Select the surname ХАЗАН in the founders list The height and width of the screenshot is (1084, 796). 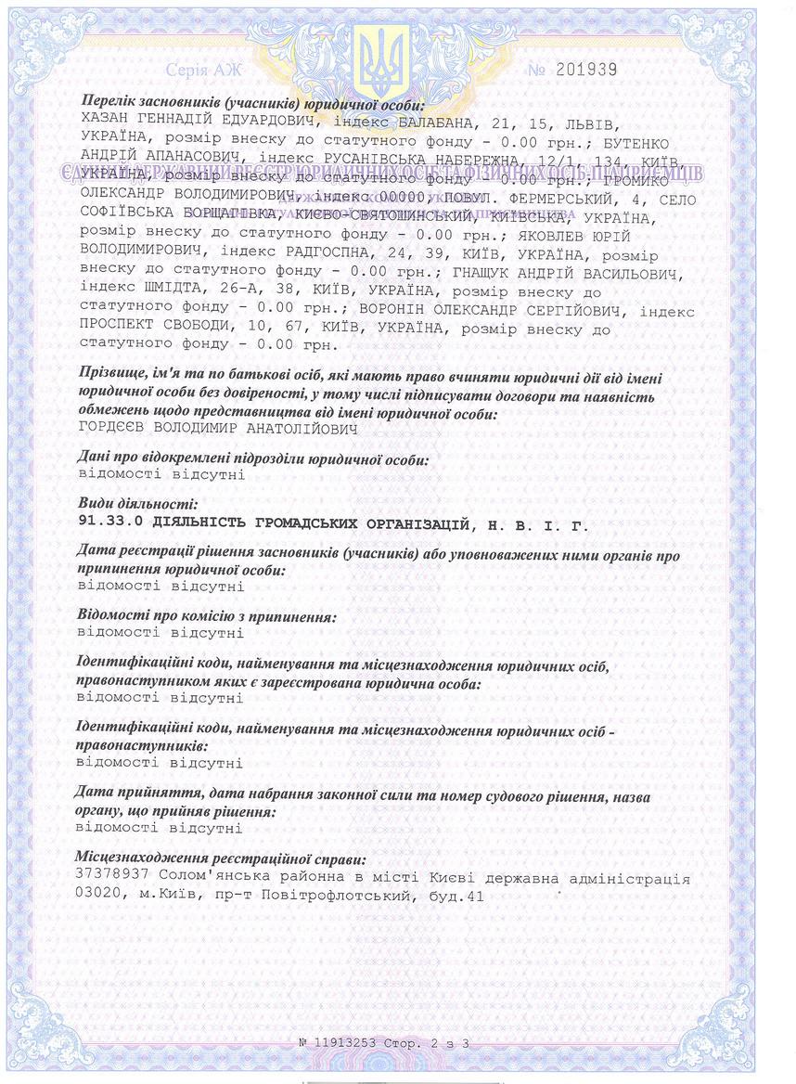coord(109,123)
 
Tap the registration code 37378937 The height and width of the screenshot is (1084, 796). coord(110,877)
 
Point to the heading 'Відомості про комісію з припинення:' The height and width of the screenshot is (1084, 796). coord(206,616)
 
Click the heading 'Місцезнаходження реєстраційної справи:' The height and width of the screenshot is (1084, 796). coord(221,859)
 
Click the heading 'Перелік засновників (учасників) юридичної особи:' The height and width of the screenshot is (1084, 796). coord(252,104)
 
